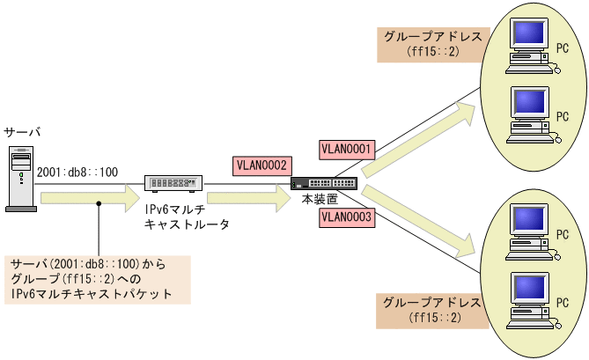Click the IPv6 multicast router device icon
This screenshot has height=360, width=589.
click(x=173, y=183)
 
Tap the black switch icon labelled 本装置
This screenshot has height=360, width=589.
click(x=323, y=183)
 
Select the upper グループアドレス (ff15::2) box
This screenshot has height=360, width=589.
click(x=431, y=45)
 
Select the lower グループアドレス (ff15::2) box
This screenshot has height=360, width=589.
click(x=431, y=309)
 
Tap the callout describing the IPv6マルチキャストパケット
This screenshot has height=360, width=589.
click(x=98, y=280)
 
